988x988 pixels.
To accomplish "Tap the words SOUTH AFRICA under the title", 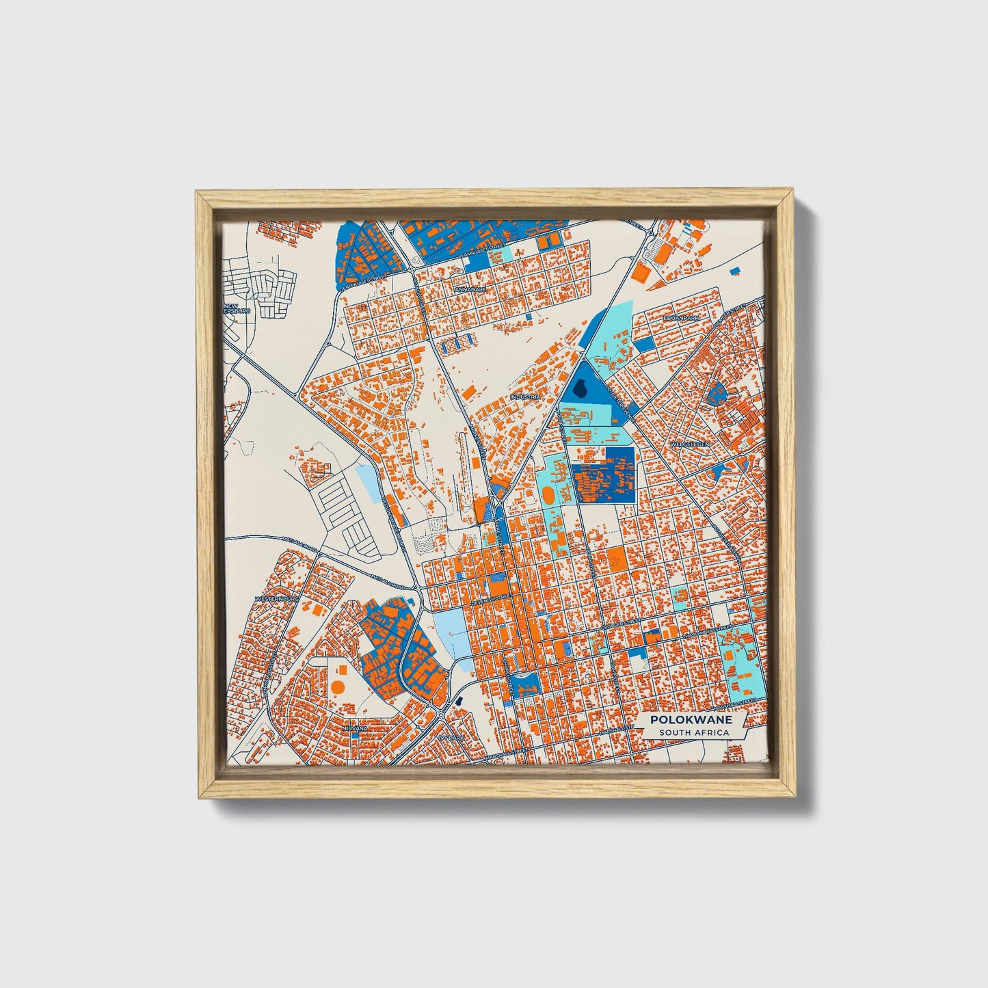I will tap(693, 733).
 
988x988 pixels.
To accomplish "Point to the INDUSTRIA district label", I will tap(525, 397).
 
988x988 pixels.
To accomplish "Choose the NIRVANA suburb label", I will tap(355, 728).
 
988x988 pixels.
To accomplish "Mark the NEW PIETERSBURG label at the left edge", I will tap(237, 308).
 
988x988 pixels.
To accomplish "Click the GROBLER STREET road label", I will tap(622, 624).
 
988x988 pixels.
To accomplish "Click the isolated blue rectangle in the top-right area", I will tap(735, 271).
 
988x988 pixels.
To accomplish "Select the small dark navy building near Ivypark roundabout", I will tap(459, 702).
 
